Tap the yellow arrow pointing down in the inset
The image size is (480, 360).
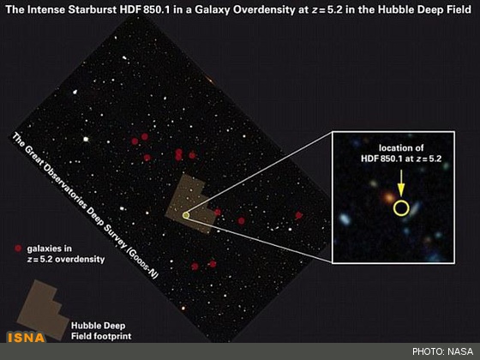401,183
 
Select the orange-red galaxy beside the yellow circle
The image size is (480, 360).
389,197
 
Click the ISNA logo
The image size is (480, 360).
27,338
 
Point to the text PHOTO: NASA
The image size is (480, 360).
442,351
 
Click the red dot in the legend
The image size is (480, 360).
18,249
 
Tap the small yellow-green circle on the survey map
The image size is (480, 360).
186,215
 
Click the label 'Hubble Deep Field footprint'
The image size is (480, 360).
101,331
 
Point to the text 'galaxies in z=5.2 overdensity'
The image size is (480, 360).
66,254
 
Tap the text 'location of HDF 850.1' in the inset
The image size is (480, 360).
401,153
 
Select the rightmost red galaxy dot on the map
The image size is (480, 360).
298,215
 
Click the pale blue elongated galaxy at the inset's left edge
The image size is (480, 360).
345,219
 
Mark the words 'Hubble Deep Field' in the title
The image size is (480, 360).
424,9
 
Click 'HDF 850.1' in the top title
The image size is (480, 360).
144,9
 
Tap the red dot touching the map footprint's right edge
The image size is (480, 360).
218,212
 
